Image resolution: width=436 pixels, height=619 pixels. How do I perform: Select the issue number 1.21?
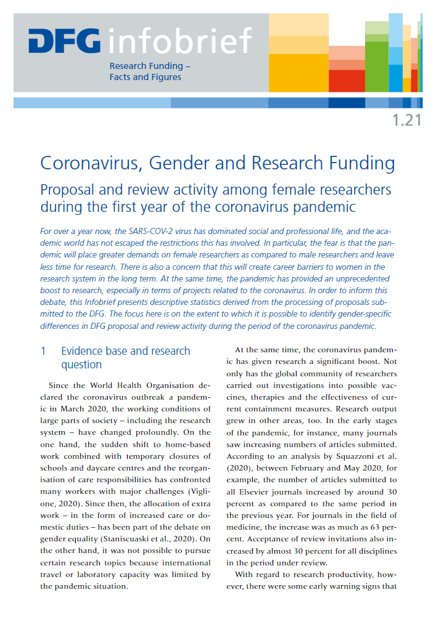pos(406,120)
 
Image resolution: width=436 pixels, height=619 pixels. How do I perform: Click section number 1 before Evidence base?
pos(43,351)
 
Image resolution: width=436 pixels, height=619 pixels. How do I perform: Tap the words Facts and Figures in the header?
pos(146,77)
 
